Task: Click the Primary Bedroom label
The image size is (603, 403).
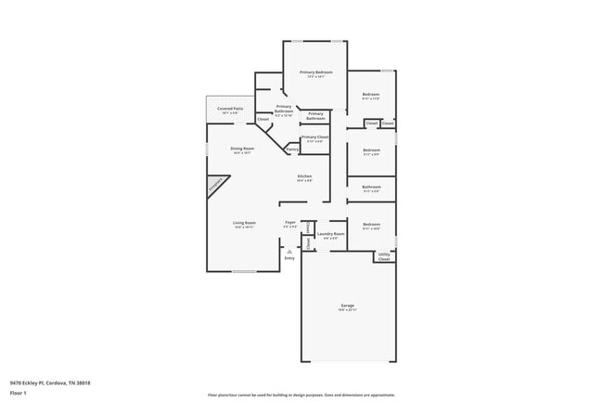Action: (315, 72)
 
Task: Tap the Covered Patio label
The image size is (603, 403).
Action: (230, 109)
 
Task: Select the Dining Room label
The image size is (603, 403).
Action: (241, 149)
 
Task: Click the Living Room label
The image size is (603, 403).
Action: (243, 224)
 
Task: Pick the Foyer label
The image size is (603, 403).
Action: (289, 223)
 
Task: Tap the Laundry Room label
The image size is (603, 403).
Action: (330, 233)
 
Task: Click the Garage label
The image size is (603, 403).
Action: (347, 305)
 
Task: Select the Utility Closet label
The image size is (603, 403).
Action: (384, 256)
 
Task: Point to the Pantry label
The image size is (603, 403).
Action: (291, 149)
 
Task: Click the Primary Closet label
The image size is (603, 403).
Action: (315, 136)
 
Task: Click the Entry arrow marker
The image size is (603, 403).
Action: (289, 251)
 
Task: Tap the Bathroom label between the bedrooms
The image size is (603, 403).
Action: (371, 187)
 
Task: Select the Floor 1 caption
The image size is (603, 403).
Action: (19, 393)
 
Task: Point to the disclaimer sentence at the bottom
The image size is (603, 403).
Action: (301, 394)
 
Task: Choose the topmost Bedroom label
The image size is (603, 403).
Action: (370, 95)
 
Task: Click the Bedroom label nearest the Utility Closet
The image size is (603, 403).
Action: (371, 224)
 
